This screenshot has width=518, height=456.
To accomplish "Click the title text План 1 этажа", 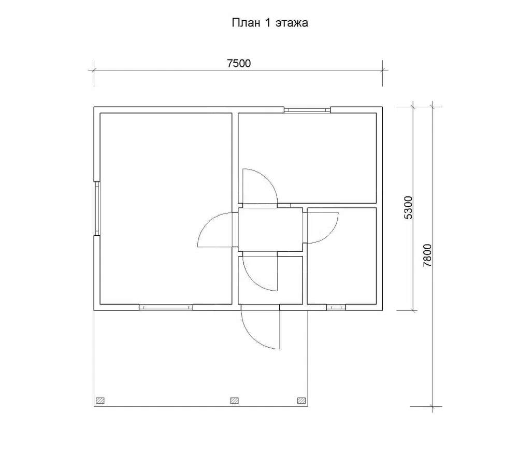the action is [x=269, y=23].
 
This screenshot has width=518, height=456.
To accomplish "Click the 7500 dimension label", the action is [x=239, y=63].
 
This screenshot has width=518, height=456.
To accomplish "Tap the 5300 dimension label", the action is [x=408, y=207].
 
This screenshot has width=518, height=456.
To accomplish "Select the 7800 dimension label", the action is [x=427, y=255].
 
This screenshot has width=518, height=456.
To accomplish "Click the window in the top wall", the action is [x=307, y=110].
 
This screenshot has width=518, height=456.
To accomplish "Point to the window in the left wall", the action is [x=97, y=208].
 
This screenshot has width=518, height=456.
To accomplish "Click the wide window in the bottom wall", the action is [x=166, y=307].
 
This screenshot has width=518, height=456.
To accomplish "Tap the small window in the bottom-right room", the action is [x=336, y=307].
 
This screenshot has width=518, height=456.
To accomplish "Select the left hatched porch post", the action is [x=100, y=401].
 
